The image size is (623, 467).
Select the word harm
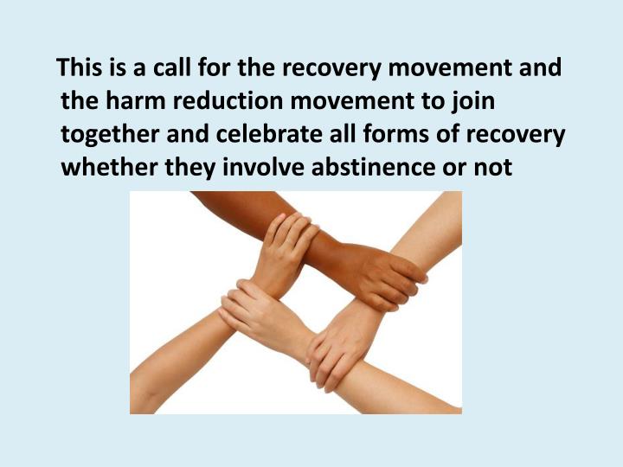[136, 101]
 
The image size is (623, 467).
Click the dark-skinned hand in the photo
[386, 277]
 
